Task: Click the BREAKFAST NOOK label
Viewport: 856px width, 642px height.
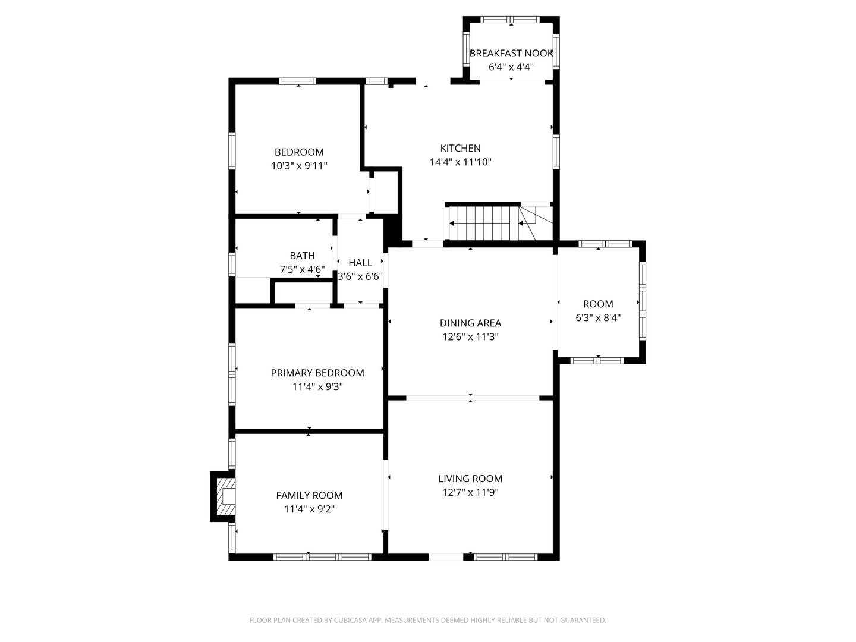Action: pos(511,53)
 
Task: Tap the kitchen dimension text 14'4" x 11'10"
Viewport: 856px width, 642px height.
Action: pos(461,162)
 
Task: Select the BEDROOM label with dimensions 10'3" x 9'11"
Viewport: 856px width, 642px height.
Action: pos(299,152)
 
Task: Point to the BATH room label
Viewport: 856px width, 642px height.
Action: pos(302,256)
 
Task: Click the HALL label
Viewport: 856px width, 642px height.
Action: pos(360,263)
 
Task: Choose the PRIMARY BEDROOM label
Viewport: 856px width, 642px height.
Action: pos(317,373)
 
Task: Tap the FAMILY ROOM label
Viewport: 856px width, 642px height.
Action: pos(309,495)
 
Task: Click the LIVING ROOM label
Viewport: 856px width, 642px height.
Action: pos(470,479)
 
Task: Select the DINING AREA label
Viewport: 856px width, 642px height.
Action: pos(470,323)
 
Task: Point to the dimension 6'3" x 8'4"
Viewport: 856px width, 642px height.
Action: pos(598,317)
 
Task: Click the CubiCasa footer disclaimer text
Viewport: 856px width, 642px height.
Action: pos(428,620)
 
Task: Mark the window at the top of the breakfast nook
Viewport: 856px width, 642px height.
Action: pos(510,20)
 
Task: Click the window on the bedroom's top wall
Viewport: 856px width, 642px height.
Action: pos(298,81)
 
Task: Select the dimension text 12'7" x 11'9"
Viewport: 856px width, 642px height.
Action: pos(470,492)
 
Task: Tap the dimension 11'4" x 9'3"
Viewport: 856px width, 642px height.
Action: pos(317,386)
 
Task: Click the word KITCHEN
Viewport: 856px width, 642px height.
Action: pos(461,148)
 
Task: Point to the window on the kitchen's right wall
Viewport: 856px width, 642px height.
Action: pos(556,152)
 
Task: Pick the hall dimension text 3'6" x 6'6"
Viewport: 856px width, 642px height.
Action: pos(360,276)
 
